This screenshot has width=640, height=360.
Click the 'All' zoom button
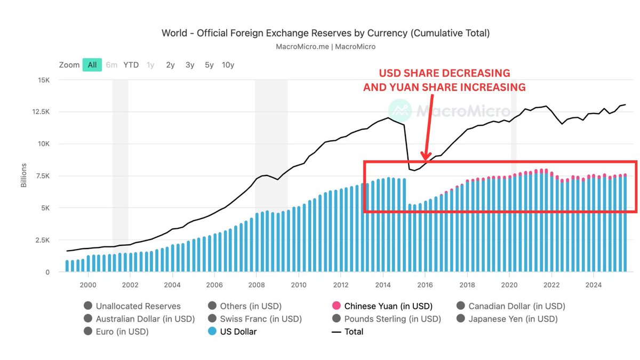tap(92, 65)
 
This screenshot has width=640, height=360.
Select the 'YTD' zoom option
tap(131, 65)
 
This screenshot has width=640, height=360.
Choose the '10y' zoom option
tap(228, 65)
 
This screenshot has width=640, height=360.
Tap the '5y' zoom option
tap(209, 65)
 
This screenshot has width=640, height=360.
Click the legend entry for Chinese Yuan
tap(388, 306)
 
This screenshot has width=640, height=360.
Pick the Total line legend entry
tap(353, 332)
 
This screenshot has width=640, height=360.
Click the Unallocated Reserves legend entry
tap(138, 306)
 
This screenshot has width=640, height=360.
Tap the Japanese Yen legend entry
tap(513, 319)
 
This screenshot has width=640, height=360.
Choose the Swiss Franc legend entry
tap(260, 319)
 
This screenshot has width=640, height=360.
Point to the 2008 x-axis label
tap(257, 285)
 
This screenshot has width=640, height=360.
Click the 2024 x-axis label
tap(593, 285)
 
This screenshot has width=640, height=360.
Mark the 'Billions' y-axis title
tap(23, 176)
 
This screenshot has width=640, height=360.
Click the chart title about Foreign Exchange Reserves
tap(325, 33)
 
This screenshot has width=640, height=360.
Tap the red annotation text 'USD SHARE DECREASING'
tap(444, 73)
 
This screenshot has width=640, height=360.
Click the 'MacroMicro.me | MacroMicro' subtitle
tap(325, 47)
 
